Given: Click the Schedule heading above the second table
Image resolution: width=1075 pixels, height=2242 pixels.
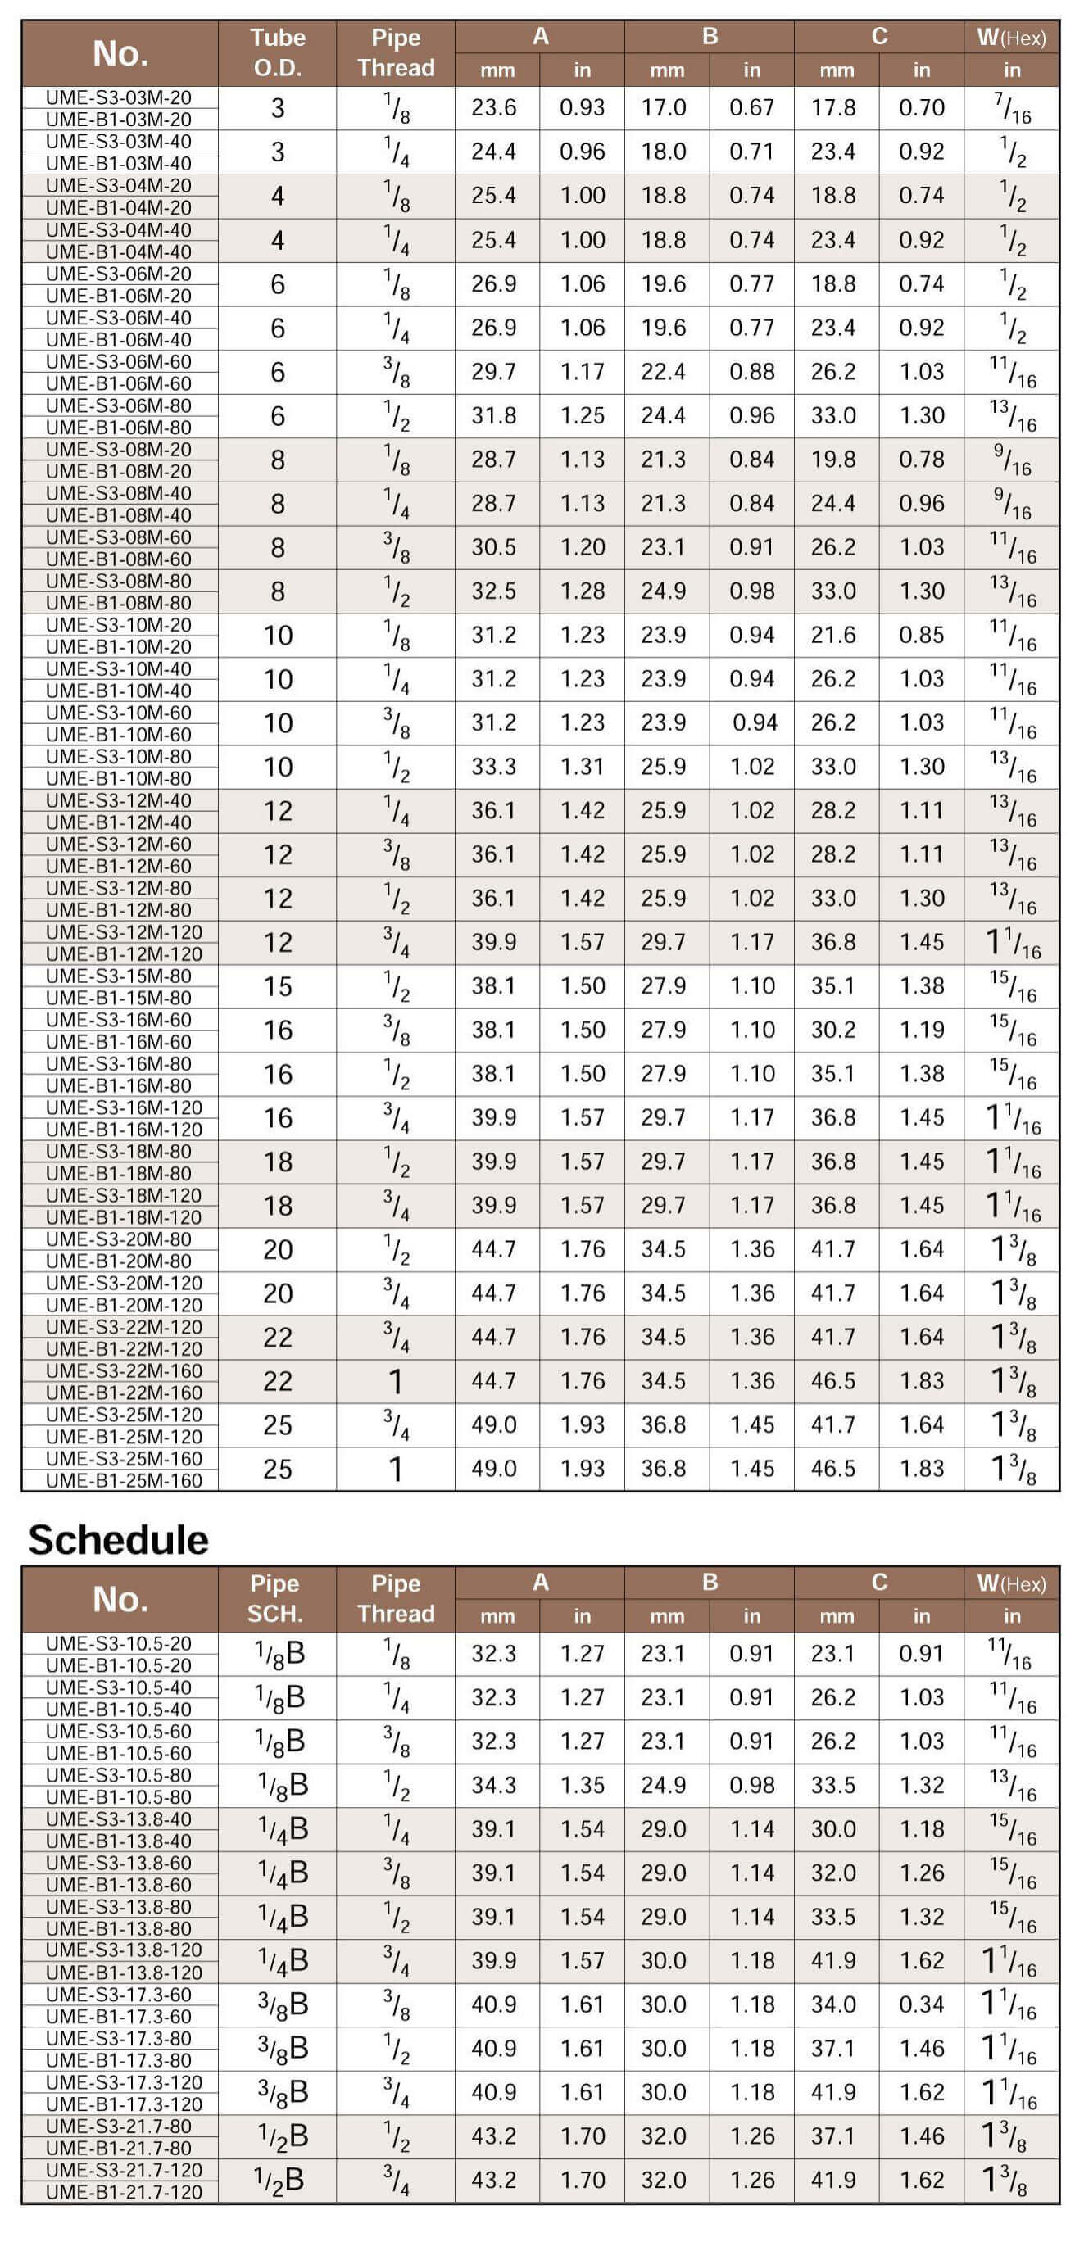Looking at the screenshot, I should pos(118,1540).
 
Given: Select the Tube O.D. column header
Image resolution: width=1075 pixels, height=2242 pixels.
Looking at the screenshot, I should pos(278,52).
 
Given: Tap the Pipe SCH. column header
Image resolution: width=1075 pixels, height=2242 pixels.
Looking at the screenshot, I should pos(275,1598).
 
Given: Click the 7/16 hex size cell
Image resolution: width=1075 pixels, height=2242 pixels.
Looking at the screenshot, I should pos(1011,108).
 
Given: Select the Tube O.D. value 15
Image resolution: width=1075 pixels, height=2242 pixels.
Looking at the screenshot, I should pos(278,986).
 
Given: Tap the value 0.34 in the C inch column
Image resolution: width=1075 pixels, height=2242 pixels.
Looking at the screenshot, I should pos(921,2004).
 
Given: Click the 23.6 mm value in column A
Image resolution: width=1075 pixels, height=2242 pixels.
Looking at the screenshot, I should pos(493,108).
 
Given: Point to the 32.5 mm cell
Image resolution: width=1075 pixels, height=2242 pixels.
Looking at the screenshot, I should pos(493,591).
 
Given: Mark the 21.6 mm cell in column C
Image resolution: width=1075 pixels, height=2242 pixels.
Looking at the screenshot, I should pos(833,636).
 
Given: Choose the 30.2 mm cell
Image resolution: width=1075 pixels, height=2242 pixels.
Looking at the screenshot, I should pos(833,1030).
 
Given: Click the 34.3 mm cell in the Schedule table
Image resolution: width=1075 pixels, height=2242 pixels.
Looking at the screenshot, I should pos(493,1785).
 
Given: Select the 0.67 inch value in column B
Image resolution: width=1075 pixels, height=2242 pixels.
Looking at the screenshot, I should pos(751,108).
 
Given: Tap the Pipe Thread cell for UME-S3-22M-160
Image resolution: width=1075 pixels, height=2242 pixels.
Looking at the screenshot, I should pos(396,1381).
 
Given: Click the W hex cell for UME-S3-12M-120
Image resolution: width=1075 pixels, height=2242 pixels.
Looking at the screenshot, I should pos(1011,943).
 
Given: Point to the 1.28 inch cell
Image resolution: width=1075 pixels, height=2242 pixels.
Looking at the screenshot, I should pos(582,591).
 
